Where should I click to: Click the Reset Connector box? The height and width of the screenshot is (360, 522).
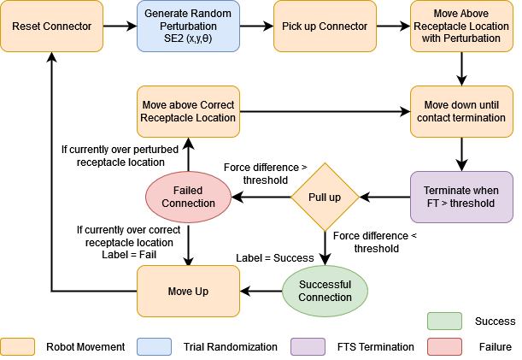[x=51, y=27]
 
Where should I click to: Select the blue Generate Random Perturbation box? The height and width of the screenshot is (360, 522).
[x=188, y=27]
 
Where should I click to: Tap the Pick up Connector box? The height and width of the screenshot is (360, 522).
[x=325, y=27]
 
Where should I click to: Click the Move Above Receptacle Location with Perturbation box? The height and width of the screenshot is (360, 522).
[x=461, y=27]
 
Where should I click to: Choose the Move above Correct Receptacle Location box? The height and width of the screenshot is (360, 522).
[x=188, y=111]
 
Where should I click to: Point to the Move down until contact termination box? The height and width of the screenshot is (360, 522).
[x=461, y=111]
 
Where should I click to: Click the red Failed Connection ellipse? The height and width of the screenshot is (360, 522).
[x=188, y=197]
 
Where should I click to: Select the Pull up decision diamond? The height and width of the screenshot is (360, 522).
[x=325, y=197]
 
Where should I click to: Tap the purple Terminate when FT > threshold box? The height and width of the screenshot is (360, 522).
[x=461, y=197]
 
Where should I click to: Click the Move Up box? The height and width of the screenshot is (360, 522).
[x=188, y=292]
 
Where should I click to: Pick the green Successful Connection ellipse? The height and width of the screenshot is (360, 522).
[x=325, y=291]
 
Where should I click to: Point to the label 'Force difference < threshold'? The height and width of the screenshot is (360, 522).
[x=376, y=242]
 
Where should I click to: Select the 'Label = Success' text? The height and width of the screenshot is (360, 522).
[x=275, y=257]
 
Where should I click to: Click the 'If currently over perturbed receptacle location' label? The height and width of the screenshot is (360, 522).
[x=120, y=156]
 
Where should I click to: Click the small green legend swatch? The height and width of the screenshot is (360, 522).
[x=444, y=321]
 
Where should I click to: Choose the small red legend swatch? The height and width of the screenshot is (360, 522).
[x=444, y=346]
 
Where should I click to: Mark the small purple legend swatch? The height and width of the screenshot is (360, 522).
[x=308, y=346]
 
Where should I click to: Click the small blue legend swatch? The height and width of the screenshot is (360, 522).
[x=154, y=346]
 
